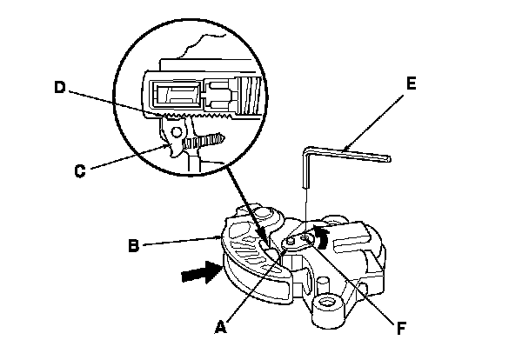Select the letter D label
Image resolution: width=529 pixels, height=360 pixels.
[58, 87]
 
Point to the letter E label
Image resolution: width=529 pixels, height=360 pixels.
[412, 84]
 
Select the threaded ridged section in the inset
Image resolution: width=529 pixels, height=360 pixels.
[251, 94]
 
